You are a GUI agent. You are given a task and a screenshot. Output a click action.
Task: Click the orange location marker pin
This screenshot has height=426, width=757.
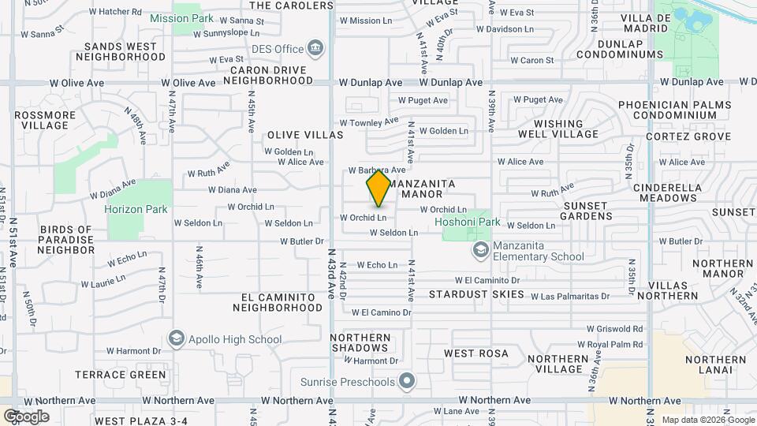coord(378,188)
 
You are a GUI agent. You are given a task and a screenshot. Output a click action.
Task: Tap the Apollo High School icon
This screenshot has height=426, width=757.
coord(177,339)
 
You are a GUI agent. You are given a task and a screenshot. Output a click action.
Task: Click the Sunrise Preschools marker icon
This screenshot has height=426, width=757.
coord(407,383)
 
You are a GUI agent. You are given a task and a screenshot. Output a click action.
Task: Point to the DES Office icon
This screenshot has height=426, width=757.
coord(315,49)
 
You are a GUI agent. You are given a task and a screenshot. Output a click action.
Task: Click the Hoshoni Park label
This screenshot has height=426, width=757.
coord(468,222)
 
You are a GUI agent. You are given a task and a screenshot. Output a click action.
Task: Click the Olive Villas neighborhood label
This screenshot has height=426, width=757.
coord(305,135)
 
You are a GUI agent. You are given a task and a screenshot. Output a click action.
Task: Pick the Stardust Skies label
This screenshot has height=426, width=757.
coord(476,294)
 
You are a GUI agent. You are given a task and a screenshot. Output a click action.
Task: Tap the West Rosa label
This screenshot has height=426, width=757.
coord(476,353)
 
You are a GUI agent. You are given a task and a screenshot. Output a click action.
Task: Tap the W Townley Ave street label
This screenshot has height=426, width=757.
coord(369,122)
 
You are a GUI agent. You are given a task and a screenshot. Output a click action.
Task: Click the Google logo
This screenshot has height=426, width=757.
coord(26,416)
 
